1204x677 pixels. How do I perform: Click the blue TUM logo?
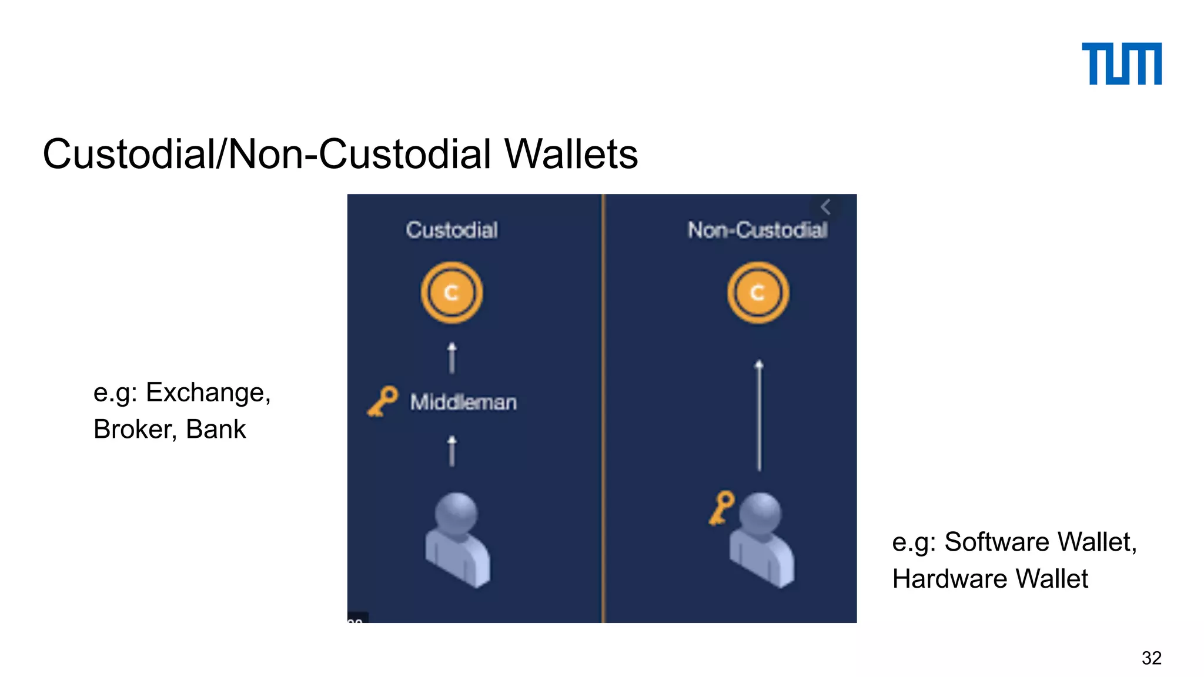[1121, 63]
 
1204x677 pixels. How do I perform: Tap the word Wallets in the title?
[571, 155]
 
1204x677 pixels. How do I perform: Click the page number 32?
[1151, 658]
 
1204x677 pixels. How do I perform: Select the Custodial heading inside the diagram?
[451, 230]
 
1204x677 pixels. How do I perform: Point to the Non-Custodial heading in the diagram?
[758, 230]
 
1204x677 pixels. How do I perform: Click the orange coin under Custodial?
[451, 293]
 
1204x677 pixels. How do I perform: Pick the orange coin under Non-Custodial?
[758, 293]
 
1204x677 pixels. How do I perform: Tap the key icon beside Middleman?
[383, 401]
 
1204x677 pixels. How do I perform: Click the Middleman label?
[463, 402]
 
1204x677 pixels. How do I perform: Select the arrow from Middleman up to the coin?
[451, 358]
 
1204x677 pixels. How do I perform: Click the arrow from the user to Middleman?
[451, 451]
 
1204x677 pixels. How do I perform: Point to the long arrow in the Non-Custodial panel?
[759, 415]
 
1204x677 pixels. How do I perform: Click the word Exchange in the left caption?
[208, 393]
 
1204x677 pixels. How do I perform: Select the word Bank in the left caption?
[215, 429]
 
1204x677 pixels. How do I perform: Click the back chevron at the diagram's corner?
[825, 207]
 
